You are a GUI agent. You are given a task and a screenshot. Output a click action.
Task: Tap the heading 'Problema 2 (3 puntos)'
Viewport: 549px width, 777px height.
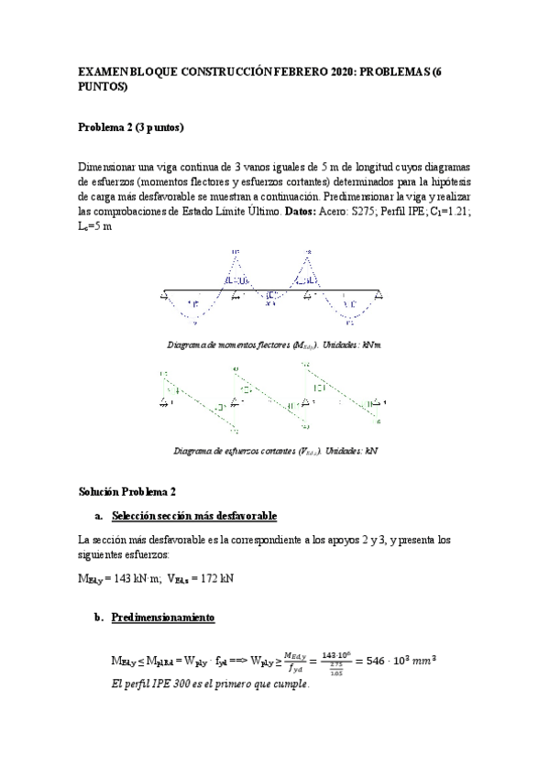[x=130, y=128]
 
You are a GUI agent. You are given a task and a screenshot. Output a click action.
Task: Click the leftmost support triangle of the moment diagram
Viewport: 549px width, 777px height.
[x=164, y=294]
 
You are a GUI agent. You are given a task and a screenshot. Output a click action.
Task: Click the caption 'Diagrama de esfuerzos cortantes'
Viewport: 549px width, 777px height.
[x=234, y=450]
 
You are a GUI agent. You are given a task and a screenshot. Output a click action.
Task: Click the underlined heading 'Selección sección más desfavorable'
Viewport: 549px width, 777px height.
[x=192, y=516]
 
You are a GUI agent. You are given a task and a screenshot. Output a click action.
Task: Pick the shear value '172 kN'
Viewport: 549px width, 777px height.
[x=214, y=579]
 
